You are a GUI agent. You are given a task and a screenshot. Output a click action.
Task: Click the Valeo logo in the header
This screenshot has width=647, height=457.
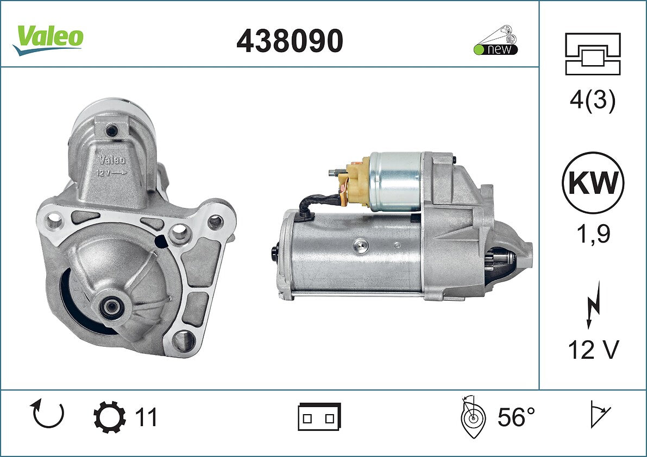pyautogui.click(x=48, y=40)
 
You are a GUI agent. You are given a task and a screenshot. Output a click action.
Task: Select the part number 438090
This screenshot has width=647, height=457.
pyautogui.click(x=290, y=41)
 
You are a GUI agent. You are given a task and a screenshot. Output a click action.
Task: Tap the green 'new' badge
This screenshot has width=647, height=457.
pyautogui.click(x=495, y=49)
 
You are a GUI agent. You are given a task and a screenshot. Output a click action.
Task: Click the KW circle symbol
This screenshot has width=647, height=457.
pyautogui.click(x=593, y=182)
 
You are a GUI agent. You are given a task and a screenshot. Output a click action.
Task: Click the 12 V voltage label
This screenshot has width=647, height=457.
pyautogui.click(x=593, y=350)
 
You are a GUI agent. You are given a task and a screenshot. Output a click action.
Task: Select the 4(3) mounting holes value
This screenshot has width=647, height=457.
pyautogui.click(x=593, y=100)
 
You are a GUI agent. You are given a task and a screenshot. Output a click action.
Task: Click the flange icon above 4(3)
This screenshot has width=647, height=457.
pyautogui.click(x=593, y=54)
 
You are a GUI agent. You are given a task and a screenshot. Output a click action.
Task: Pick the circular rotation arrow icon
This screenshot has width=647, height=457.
pyautogui.click(x=48, y=414)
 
